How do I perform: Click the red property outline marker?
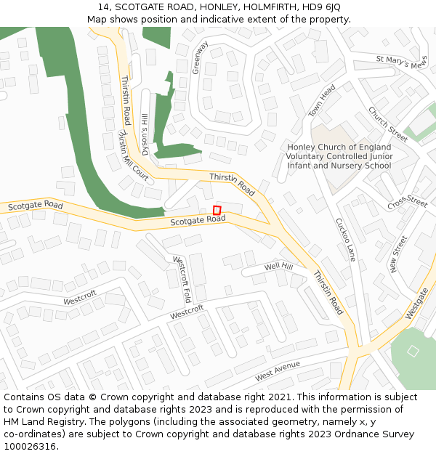pyautogui.click(x=217, y=210)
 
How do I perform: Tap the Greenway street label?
pyautogui.click(x=201, y=57)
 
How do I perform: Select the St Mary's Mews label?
pyautogui.click(x=402, y=62)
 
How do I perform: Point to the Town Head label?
pyautogui.click(x=322, y=101)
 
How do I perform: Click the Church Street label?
pyautogui.click(x=388, y=124)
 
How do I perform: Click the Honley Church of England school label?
pyautogui.click(x=339, y=156)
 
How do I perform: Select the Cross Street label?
pyautogui.click(x=407, y=203)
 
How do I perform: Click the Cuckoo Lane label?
pyautogui.click(x=346, y=240)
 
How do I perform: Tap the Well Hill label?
pyautogui.click(x=278, y=267)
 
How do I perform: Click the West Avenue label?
pyautogui.click(x=278, y=372)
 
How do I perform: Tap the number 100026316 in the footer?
pyautogui.click(x=30, y=447)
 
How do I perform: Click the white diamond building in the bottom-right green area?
pyautogui.click(x=413, y=351)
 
